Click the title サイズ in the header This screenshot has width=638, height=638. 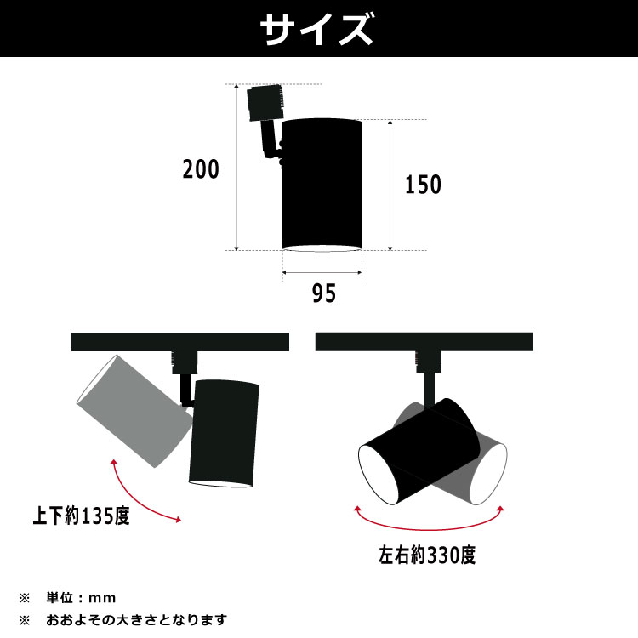(x=318, y=30)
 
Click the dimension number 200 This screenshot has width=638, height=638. (x=201, y=169)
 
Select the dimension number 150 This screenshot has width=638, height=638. (x=423, y=184)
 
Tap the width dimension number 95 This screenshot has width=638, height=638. (x=323, y=293)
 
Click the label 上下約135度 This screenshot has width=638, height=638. (x=82, y=516)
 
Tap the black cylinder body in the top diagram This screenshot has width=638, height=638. (x=322, y=182)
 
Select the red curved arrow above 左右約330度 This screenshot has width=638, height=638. (x=429, y=521)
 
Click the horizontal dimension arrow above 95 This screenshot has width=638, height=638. (x=322, y=273)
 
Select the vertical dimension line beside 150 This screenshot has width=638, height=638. (x=390, y=184)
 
